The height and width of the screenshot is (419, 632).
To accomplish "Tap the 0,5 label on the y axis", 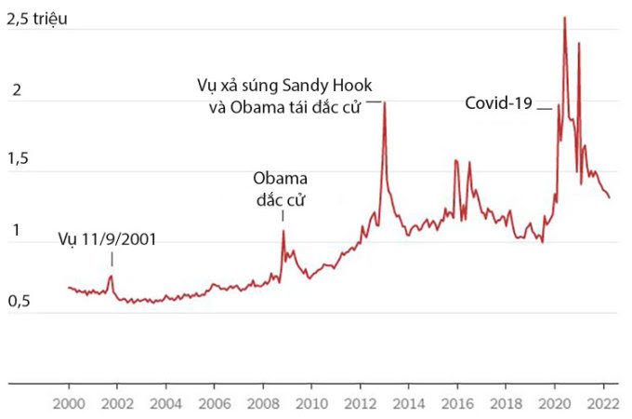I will tap(20, 303).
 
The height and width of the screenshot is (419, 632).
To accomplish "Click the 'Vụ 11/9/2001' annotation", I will tap(106, 239).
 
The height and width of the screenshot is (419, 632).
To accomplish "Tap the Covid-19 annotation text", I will tap(498, 103).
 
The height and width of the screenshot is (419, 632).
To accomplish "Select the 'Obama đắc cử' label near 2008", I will tap(280, 188).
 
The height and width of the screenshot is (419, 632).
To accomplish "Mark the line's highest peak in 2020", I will tap(564, 18).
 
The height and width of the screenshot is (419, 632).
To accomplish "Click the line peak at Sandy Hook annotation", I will tap(385, 102).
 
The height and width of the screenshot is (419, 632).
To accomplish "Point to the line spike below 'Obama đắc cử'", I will tap(283, 231).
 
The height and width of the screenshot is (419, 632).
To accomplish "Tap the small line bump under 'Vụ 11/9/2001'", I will tap(112, 276).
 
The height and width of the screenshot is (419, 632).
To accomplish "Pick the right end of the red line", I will tap(610, 197).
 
